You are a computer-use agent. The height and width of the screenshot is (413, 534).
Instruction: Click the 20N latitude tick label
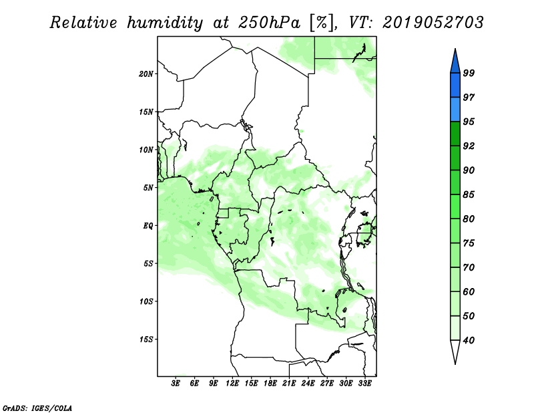click(146, 74)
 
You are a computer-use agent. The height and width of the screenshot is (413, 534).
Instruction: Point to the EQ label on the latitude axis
click(148, 226)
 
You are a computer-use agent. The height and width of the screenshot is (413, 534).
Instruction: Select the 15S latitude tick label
click(146, 339)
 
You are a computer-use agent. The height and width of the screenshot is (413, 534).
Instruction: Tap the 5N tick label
click(148, 188)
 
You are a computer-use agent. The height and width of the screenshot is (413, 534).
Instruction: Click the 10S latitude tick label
click(146, 301)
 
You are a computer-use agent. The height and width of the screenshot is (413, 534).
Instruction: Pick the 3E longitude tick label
click(176, 383)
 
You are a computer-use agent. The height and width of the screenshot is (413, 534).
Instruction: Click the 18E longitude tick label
click(270, 383)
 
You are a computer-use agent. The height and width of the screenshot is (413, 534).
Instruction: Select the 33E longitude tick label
click(364, 383)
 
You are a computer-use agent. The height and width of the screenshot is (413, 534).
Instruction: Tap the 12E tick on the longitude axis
click(232, 383)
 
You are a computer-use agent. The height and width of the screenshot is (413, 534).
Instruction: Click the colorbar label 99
click(469, 73)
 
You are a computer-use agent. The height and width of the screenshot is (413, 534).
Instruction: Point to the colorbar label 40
click(469, 340)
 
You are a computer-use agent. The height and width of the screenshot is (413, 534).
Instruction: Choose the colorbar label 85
click(469, 194)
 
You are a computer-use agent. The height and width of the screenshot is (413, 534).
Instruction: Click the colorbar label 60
click(469, 291)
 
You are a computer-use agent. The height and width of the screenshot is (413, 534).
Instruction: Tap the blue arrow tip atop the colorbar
click(455, 49)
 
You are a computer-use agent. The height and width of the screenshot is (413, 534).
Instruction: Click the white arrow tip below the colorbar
click(455, 364)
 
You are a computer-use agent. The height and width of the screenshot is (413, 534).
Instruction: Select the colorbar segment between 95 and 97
click(455, 110)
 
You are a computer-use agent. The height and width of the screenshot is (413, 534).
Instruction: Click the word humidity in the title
click(165, 23)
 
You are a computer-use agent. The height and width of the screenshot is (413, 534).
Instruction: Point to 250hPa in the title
click(269, 23)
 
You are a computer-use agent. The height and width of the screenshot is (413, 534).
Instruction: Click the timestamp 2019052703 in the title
click(433, 23)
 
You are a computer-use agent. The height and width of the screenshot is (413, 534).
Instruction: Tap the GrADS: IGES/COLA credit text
click(37, 408)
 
